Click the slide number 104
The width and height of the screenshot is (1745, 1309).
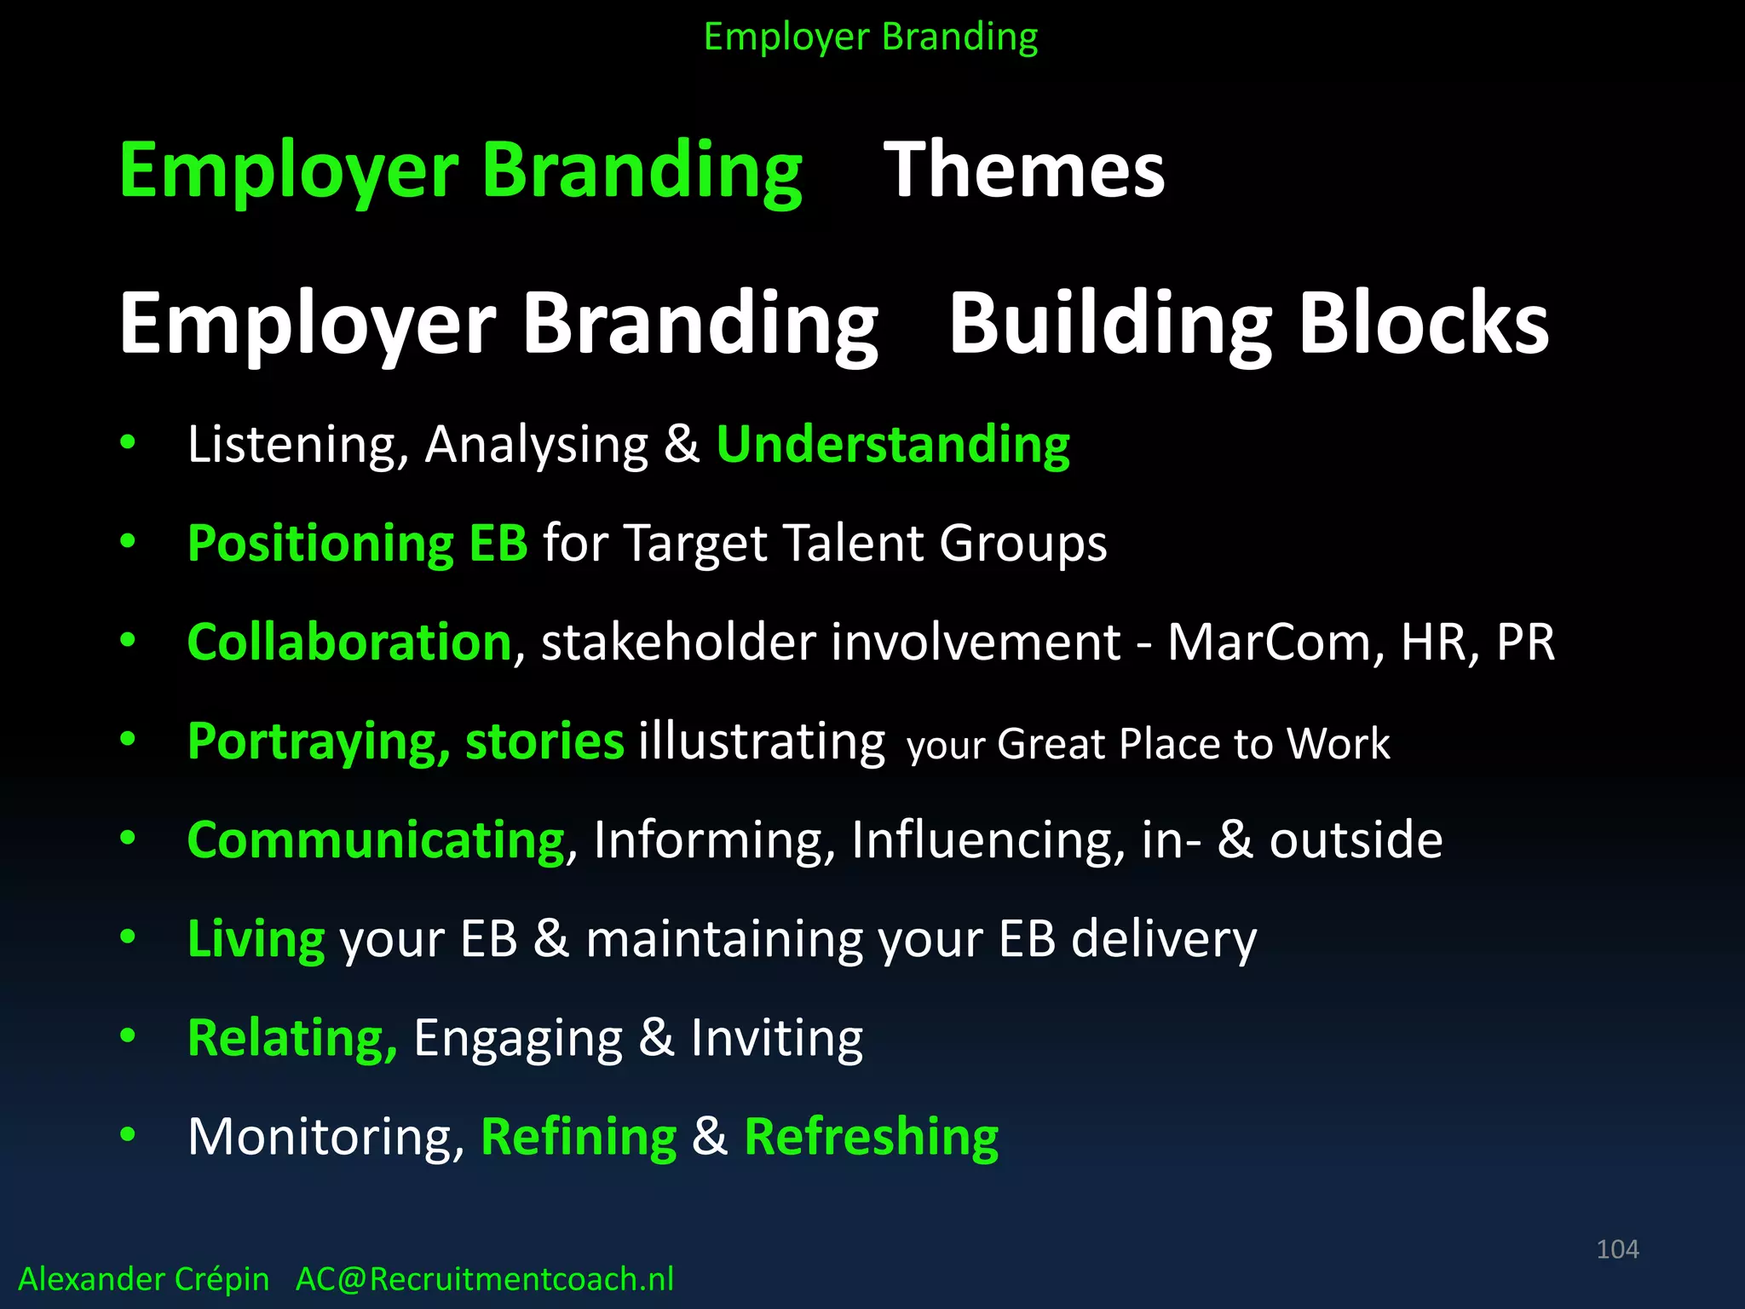[1617, 1249]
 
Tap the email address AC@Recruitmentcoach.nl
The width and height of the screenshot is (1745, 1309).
[484, 1279]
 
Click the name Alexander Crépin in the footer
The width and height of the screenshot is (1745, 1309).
[143, 1279]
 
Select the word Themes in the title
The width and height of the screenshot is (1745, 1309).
[1024, 170]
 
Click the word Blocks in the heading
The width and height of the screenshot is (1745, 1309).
[1424, 324]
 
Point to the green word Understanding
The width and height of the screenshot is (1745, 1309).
[893, 445]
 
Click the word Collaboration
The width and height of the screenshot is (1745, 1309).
[349, 642]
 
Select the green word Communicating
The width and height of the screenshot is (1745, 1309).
[376, 840]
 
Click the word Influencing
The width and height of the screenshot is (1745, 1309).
[988, 840]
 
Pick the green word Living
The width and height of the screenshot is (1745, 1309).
[256, 939]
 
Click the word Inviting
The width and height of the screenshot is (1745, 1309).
[776, 1038]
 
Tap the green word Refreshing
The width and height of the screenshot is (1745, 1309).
[871, 1137]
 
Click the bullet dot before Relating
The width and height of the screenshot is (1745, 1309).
[128, 1036]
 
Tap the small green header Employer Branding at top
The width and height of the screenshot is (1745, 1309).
[871, 37]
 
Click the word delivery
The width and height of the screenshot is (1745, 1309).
[1163, 939]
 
